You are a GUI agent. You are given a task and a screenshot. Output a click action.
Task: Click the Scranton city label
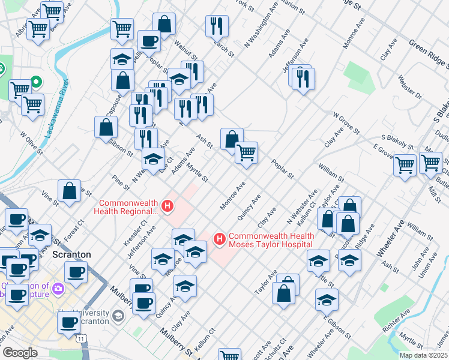(71, 254)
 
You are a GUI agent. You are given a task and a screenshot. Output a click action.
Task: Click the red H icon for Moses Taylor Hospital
(220, 239)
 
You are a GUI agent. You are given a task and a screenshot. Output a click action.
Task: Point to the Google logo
(20, 353)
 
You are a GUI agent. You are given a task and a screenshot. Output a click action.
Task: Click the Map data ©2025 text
(424, 355)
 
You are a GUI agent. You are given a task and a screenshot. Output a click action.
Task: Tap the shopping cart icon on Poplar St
(246, 153)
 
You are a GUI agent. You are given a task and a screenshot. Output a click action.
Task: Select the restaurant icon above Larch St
(216, 26)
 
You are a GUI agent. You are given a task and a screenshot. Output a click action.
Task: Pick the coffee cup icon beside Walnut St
(149, 41)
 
